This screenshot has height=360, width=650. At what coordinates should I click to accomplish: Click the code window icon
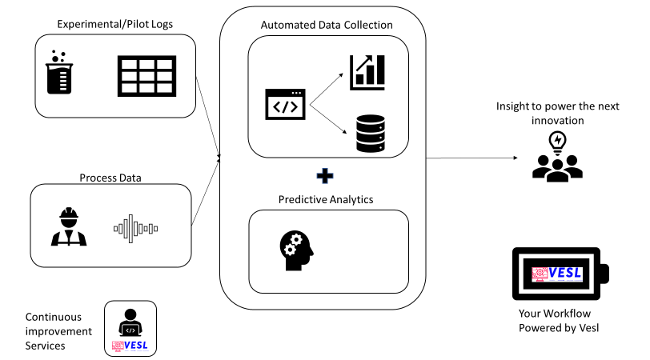(x=286, y=104)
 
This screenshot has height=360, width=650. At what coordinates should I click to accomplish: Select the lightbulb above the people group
(x=556, y=142)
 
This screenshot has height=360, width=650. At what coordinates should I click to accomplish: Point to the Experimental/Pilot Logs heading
(x=114, y=24)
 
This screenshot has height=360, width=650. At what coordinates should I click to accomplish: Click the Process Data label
(x=110, y=177)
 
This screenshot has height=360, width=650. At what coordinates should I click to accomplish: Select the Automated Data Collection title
(x=327, y=24)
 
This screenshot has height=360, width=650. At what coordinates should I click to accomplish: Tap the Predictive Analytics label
(x=327, y=198)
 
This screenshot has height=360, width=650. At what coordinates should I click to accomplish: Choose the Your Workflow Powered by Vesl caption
(x=560, y=322)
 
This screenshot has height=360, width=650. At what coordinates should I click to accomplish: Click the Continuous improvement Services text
(x=58, y=330)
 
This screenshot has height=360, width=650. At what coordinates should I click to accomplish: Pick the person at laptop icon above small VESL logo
(x=131, y=320)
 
